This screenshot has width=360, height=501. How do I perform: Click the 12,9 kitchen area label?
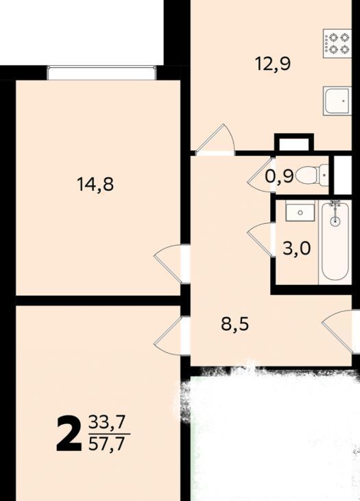click(x=273, y=64)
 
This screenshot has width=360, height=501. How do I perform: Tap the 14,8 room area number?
click(x=95, y=185)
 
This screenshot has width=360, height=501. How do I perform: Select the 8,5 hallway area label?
click(x=235, y=325)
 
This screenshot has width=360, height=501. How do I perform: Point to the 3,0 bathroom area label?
click(x=296, y=248)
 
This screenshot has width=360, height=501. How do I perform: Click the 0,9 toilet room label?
click(x=279, y=176)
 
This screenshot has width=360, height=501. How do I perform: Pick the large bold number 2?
click(x=69, y=434)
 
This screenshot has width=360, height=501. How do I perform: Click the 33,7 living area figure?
click(x=106, y=423)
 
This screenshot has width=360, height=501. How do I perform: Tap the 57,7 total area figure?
click(x=106, y=444)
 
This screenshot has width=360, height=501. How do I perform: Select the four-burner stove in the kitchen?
click(x=337, y=43)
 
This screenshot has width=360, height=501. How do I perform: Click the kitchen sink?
click(x=337, y=101)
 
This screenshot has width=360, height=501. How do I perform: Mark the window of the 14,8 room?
click(x=101, y=73)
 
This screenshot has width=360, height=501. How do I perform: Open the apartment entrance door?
click(x=341, y=331)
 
